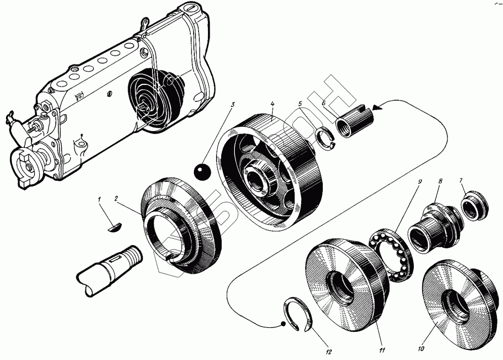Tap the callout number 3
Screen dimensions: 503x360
[x=232, y=104]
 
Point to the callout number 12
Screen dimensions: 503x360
[x=328, y=352]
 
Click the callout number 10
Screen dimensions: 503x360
[x=421, y=348]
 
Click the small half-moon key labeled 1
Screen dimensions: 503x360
[x=114, y=227]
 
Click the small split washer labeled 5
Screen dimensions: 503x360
[x=327, y=140]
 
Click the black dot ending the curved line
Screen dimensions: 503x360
[x=283, y=324]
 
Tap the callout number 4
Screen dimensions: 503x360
[x=272, y=103]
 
